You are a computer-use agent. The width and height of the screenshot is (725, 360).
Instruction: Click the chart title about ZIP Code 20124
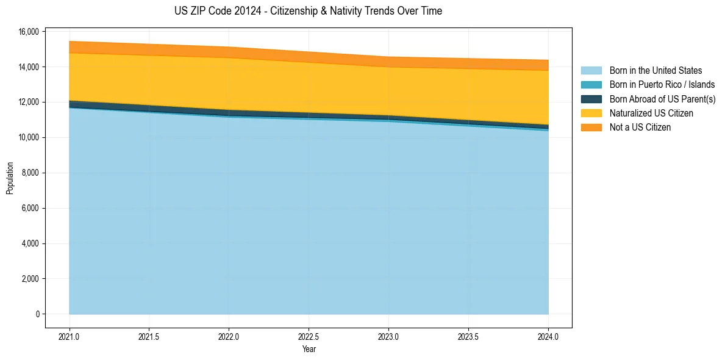click(x=308, y=11)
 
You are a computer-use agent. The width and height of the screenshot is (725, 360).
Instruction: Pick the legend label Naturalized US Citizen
click(x=651, y=113)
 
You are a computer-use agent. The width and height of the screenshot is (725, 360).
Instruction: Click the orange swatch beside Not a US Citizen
click(x=591, y=128)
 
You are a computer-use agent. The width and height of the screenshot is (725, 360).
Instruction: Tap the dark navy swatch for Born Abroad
click(x=591, y=99)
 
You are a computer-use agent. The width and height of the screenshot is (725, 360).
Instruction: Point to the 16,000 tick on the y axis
click(x=28, y=31)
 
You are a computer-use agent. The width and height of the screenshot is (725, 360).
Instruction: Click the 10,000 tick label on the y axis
click(x=28, y=137)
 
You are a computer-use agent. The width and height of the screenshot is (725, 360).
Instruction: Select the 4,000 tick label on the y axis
click(x=30, y=243)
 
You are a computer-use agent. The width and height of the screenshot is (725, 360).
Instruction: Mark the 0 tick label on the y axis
click(x=37, y=314)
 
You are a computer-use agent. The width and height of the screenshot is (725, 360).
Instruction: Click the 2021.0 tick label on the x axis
click(x=69, y=336)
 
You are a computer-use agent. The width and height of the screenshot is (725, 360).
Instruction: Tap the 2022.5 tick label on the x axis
click(x=309, y=336)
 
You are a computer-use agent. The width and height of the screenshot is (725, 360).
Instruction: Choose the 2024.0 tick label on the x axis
click(x=548, y=336)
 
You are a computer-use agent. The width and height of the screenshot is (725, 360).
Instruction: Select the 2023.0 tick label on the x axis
click(x=388, y=336)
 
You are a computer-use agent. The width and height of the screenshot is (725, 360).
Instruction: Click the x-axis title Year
click(x=309, y=349)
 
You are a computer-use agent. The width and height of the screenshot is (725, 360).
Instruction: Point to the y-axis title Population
click(x=10, y=178)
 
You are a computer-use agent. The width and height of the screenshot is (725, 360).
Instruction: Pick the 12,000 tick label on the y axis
click(x=28, y=102)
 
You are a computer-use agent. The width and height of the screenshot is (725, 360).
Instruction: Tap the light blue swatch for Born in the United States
click(x=591, y=71)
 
